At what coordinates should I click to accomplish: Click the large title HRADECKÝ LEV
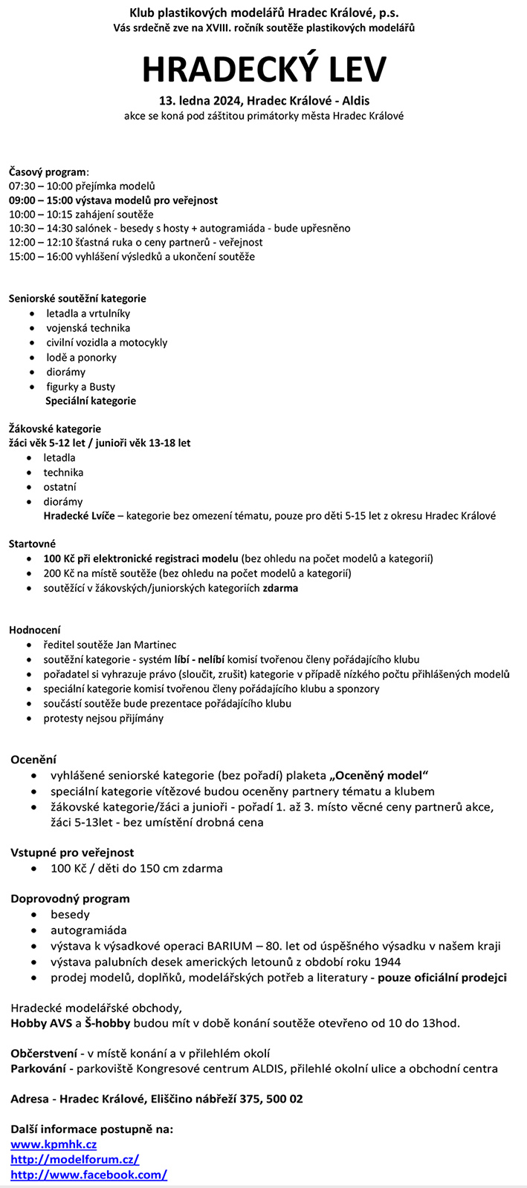(x=264, y=69)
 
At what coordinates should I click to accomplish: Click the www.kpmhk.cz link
(x=54, y=1144)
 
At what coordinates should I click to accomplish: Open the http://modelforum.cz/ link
(x=74, y=1159)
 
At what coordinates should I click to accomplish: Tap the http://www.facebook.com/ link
(x=88, y=1175)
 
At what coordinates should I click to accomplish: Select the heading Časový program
(x=48, y=172)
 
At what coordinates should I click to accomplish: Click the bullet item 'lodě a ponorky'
(x=81, y=357)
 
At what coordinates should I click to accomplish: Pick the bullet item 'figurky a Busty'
(x=80, y=387)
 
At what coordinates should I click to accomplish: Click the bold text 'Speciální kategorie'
(x=91, y=401)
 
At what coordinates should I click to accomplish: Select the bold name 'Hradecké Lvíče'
(x=79, y=516)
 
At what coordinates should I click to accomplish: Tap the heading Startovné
(x=32, y=544)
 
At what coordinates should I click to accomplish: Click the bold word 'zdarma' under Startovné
(x=280, y=588)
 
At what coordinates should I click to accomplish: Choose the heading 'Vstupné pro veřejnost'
(x=72, y=852)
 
